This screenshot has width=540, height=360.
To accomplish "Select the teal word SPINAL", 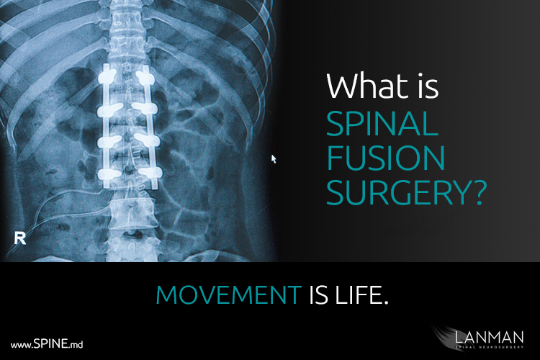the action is tap(382, 124).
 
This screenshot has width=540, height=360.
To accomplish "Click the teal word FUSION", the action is tap(385, 158).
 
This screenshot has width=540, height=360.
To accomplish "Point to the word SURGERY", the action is tap(397, 192).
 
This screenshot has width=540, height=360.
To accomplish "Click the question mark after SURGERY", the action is tap(479, 192).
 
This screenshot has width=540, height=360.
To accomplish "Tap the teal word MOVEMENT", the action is tap(229, 295).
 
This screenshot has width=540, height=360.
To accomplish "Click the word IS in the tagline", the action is tap(318, 295).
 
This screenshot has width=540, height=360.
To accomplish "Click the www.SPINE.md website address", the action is tap(47, 344).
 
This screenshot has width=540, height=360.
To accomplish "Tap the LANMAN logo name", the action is tap(489, 337).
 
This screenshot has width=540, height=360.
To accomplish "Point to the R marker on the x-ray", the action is tap(20, 238).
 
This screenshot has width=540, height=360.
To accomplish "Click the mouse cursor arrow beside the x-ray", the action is tap(274, 159).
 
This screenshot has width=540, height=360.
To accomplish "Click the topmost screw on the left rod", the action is tap(107, 76).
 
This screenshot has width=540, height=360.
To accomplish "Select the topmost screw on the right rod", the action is tap(145, 77).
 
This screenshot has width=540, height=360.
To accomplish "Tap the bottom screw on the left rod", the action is tap(109, 174).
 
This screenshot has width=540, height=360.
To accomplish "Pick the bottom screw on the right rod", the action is tap(150, 172).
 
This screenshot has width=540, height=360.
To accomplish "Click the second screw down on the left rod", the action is tap(109, 109).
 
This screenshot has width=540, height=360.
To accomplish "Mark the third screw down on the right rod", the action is tap(147, 139).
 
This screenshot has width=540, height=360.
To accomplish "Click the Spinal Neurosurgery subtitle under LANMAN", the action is tap(489, 347).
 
